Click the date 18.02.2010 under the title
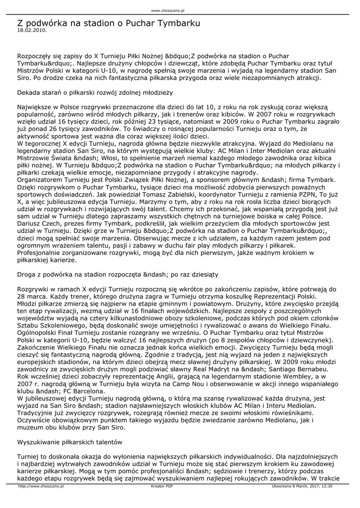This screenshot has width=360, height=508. coord(32,30)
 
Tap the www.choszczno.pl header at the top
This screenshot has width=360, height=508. coord(167,10)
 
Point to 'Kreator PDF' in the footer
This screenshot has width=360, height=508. coord(162,486)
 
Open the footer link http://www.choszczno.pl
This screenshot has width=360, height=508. coord(41,486)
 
